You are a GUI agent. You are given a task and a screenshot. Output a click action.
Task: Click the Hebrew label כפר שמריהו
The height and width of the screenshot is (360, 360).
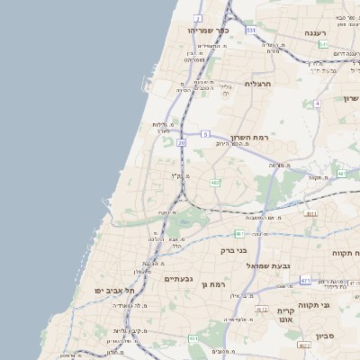tap(209, 31)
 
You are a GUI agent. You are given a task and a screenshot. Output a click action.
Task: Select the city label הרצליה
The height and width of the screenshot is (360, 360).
tap(257, 84)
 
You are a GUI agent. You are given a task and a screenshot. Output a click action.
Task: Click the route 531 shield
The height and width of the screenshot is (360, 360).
tap(251, 30)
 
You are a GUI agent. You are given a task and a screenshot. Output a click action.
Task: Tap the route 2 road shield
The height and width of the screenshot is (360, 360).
tap(198, 18)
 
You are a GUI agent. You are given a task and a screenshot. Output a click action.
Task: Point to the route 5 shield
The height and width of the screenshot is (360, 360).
tap(206, 134)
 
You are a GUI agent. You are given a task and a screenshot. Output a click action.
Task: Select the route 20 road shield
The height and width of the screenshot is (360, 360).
tap(182, 142)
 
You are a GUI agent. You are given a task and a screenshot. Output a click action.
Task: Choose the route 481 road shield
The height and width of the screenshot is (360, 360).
tap(238, 233)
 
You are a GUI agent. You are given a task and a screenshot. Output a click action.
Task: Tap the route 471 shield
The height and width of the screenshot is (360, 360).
tap(305, 281)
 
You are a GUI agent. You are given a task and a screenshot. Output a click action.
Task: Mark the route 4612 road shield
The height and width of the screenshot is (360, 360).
tap(262, 310)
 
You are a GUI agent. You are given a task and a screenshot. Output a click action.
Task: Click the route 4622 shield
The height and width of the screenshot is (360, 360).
tap(303, 345)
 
